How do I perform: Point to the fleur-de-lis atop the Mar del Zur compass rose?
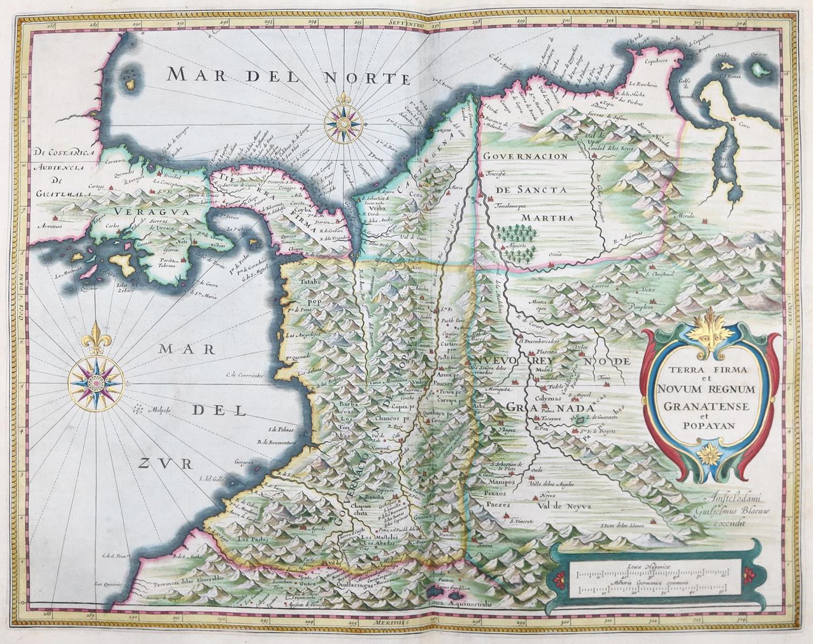click(x=97, y=338)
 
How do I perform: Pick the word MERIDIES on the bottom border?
click(x=389, y=623)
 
